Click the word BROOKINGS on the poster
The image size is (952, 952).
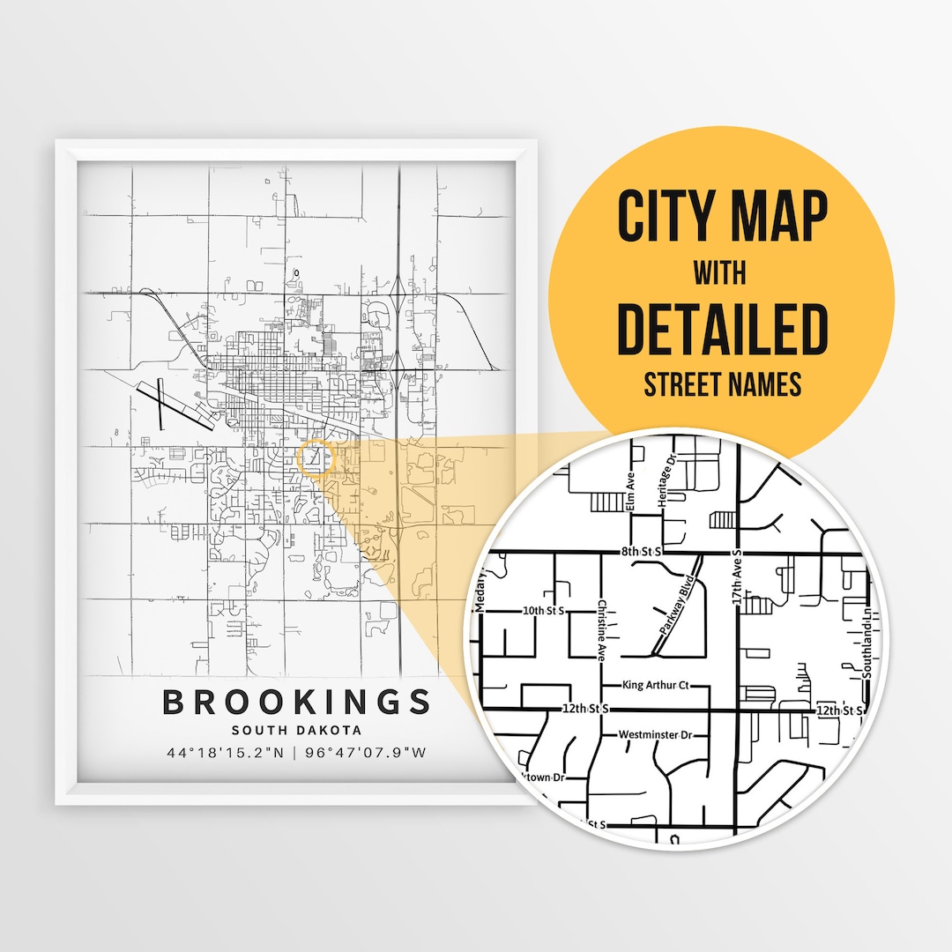pos(297,703)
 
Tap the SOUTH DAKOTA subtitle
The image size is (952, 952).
pos(297,730)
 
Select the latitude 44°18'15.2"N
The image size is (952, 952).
pos(225,753)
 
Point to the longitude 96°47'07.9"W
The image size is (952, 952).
pos(367,753)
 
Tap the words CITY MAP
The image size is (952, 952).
pos(722,216)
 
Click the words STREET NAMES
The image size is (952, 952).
pos(722,384)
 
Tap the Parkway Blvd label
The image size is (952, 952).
pos(676,605)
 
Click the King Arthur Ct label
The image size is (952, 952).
pos(655,685)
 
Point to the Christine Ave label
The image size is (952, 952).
pos(602,628)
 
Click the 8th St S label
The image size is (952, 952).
pos(641,551)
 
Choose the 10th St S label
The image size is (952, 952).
pos(543,610)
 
